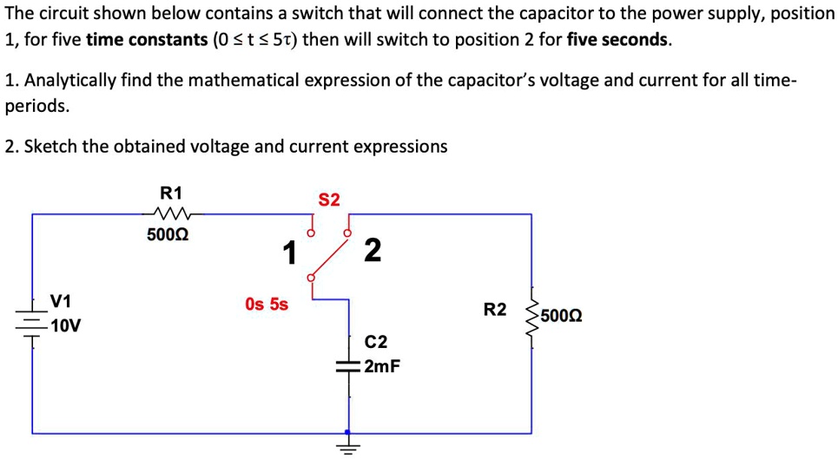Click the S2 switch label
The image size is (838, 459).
click(x=329, y=200)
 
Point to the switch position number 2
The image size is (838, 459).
click(x=372, y=250)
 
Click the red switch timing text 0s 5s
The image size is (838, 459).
click(x=267, y=305)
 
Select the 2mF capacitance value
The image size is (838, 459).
click(x=382, y=366)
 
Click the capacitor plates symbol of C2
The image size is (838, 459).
click(x=349, y=367)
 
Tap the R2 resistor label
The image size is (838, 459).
click(x=494, y=309)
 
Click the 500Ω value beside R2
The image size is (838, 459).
click(x=561, y=314)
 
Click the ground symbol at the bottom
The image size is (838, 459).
click(x=349, y=447)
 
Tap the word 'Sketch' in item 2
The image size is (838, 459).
click(x=50, y=147)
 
